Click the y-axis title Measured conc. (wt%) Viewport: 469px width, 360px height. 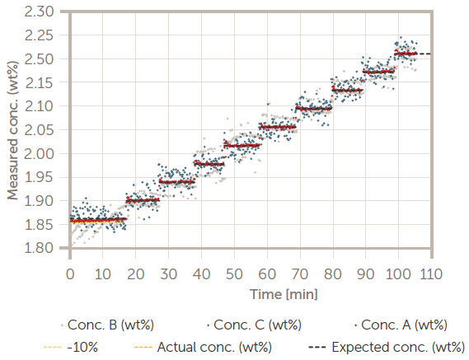pos(13,129)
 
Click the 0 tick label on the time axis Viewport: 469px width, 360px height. pos(70,273)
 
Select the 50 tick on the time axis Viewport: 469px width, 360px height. pos(234,273)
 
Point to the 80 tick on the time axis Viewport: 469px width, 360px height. pos(332,273)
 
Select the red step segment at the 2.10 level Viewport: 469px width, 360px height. pos(313,108)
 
